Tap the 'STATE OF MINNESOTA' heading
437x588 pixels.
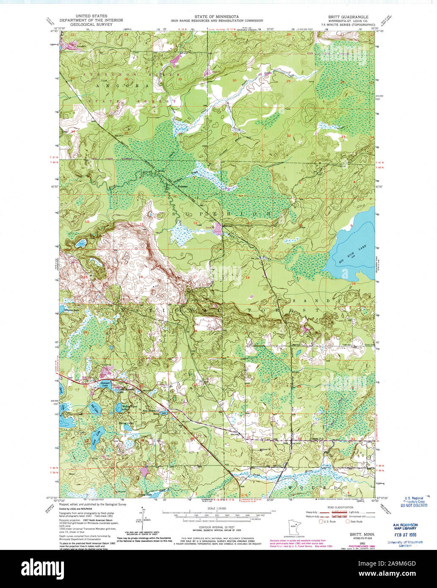[x=216, y=16]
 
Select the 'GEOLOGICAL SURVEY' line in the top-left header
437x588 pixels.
[x=91, y=25]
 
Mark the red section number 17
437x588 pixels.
[x=299, y=279]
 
